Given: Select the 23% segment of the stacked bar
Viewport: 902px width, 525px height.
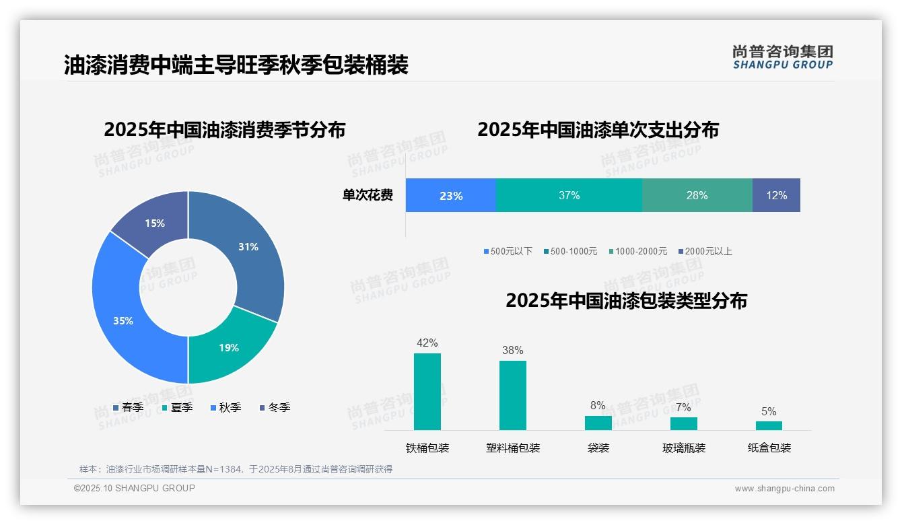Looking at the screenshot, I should pos(450,196).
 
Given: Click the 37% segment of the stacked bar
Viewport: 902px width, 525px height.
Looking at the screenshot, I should pos(569,196).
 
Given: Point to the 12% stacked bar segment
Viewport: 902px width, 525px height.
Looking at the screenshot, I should pos(776,196).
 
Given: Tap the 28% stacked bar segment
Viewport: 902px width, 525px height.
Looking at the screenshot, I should pos(697,196).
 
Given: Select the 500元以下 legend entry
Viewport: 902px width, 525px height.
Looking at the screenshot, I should pos(508,252).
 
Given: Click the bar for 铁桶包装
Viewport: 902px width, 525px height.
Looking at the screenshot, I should pos(427,392).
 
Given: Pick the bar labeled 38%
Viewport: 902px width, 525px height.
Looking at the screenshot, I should pos(513,395).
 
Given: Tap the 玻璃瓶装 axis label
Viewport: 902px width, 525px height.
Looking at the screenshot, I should pos(684,448).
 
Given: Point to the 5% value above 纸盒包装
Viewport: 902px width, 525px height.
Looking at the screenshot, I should pos(769,412).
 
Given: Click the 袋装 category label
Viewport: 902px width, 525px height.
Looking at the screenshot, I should pos(598,448).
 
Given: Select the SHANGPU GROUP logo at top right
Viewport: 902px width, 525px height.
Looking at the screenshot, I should pos(782,57).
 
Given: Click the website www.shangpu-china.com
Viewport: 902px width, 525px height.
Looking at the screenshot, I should pos(784,489).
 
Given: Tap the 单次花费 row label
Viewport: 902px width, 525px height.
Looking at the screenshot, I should pos(368,196).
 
